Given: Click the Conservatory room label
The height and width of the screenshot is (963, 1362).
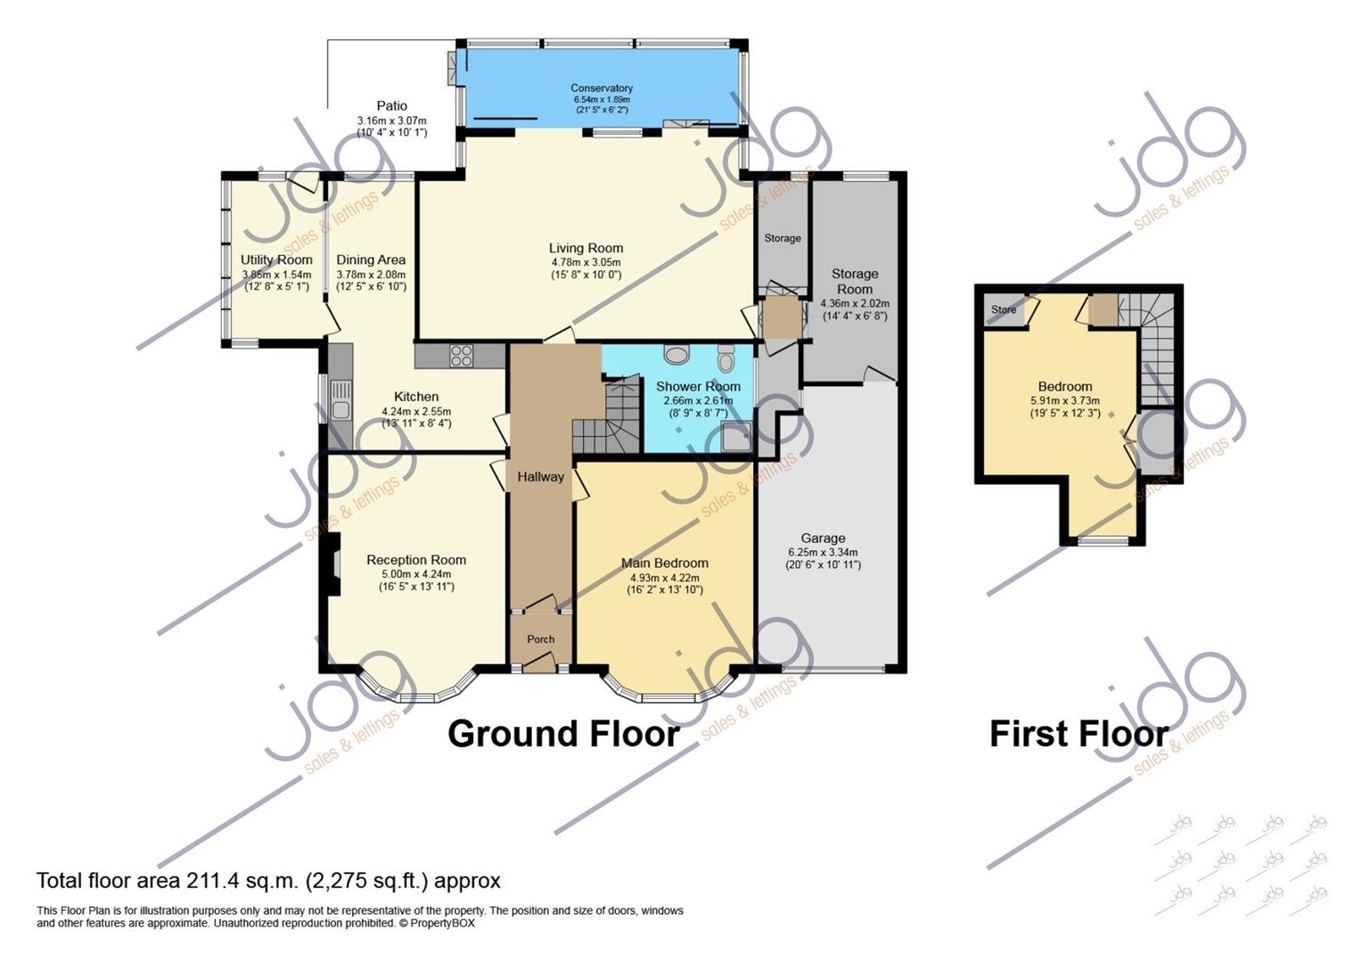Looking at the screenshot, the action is (602, 88).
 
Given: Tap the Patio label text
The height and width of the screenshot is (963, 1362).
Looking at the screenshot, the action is (391, 106).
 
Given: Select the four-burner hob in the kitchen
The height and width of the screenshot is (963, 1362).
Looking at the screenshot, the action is (462, 355).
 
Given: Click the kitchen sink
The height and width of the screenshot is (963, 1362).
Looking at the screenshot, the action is (340, 400).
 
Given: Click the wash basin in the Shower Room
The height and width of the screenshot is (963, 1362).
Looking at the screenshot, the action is (676, 353).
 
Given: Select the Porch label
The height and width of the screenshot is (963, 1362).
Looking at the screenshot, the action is (540, 639).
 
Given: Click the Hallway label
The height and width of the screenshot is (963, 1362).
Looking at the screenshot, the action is (540, 477).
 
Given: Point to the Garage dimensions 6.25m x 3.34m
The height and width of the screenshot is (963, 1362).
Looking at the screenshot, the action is (823, 552).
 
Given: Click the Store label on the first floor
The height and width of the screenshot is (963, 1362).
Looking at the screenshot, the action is (1004, 309).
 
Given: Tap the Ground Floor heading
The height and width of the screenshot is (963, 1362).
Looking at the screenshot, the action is (563, 734).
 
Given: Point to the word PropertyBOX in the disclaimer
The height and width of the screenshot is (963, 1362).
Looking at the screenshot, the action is (442, 923).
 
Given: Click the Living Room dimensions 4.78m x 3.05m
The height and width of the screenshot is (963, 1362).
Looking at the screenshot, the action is (586, 262).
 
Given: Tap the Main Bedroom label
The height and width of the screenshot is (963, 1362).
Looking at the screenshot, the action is (665, 564).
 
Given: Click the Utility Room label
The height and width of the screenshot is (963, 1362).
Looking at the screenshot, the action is (276, 259).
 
